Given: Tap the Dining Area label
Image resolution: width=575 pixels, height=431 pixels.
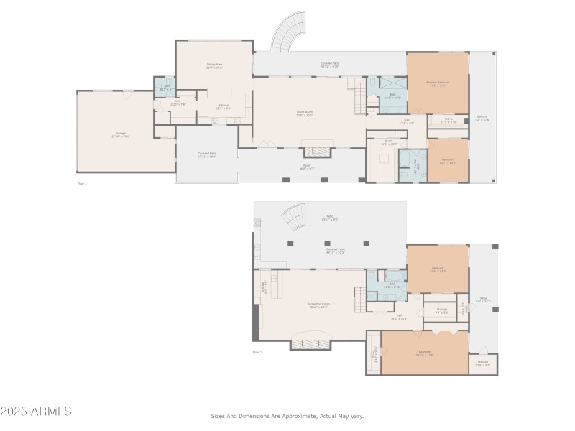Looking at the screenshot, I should point(213,65).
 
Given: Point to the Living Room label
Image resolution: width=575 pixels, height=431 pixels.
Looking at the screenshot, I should point(305,112).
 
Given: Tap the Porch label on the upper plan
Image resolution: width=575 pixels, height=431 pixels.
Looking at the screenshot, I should point(306,166).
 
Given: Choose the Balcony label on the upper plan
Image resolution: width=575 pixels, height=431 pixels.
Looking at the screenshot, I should point(482,119).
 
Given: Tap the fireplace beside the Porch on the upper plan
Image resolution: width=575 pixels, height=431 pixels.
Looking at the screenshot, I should point(316,152).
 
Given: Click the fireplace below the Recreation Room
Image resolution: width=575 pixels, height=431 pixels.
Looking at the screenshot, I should point(310,345).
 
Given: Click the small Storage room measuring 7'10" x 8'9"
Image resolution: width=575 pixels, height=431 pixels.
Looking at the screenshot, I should point(482,363).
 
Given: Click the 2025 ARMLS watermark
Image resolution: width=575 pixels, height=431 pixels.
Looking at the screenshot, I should point(36,412).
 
